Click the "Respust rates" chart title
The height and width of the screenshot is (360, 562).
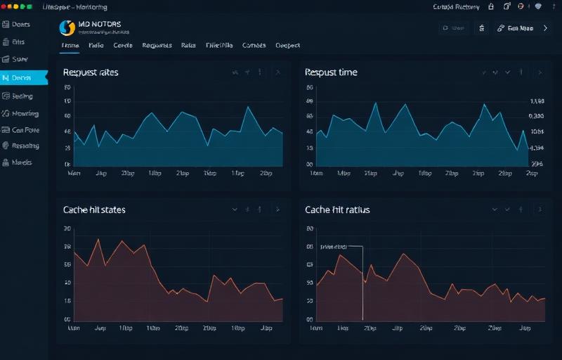tap(91, 72)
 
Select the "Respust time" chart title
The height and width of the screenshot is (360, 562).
tap(331, 72)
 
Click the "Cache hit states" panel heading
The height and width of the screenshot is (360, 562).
tap(94, 210)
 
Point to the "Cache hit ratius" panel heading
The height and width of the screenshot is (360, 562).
tap(337, 210)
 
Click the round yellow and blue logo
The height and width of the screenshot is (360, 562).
tap(67, 27)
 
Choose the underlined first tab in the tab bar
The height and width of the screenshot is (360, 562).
tap(70, 45)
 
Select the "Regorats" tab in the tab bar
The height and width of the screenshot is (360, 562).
tap(157, 45)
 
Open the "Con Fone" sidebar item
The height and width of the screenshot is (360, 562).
tap(25, 130)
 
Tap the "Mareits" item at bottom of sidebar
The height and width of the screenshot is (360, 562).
tap(22, 162)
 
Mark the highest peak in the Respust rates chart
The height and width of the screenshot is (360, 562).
tap(249, 107)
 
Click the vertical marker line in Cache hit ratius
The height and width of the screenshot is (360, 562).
tap(362, 288)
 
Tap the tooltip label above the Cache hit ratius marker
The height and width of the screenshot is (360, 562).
tap(334, 247)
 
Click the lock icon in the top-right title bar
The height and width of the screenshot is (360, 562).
tap(491, 6)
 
